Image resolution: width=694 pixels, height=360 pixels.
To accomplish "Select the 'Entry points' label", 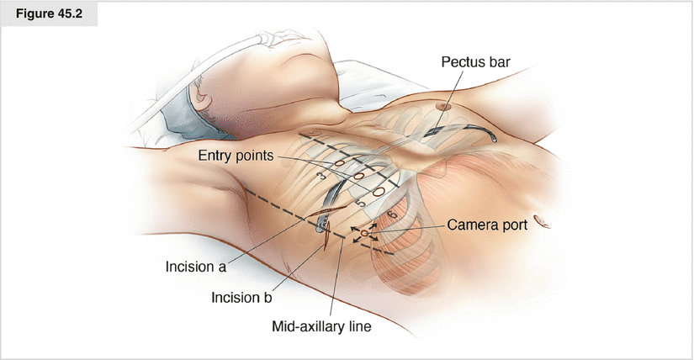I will (234, 156).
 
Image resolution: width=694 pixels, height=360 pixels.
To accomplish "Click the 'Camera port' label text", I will (486, 225).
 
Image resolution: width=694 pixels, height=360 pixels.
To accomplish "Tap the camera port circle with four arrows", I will (364, 231).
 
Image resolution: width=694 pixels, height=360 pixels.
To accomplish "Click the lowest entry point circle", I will (379, 192).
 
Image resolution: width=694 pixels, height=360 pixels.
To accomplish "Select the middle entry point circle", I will (357, 177).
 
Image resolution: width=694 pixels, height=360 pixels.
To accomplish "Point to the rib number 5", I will (360, 204).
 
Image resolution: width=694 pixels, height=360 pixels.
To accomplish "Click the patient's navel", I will (542, 224).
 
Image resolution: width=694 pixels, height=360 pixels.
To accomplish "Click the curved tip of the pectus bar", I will (492, 136).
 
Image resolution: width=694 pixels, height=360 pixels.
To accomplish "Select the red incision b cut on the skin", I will (324, 241).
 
